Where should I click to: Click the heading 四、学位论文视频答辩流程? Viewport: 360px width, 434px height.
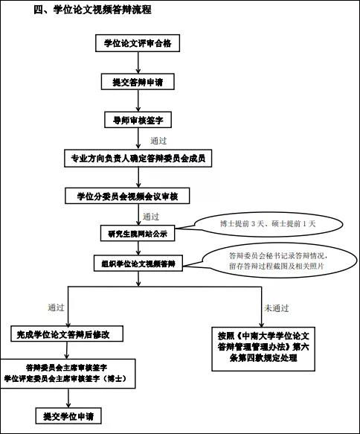click(x=92, y=10)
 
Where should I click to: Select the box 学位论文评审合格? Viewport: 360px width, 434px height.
click(x=138, y=43)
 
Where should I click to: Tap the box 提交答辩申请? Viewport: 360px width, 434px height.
click(x=138, y=82)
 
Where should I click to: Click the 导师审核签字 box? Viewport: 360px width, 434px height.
click(x=138, y=120)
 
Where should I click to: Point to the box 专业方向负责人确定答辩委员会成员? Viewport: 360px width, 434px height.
click(x=138, y=159)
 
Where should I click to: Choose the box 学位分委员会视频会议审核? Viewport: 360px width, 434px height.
click(x=127, y=196)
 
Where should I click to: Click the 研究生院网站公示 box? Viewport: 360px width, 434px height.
click(x=138, y=233)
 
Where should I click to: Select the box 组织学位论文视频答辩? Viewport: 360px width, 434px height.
click(x=138, y=264)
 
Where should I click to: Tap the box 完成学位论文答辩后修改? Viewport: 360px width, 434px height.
click(x=67, y=334)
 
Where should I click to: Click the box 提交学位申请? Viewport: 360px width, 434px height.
click(x=68, y=415)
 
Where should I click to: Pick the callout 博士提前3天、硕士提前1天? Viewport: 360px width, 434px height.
click(x=268, y=224)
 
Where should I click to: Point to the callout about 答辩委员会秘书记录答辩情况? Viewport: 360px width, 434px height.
click(x=277, y=261)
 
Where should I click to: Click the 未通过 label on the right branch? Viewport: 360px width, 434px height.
click(x=276, y=308)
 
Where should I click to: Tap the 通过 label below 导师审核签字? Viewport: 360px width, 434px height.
click(x=158, y=141)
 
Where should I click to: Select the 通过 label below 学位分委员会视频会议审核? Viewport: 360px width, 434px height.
click(x=151, y=217)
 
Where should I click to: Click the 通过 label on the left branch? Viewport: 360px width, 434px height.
click(x=56, y=307)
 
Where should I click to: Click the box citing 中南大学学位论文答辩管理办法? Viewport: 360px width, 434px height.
click(x=263, y=348)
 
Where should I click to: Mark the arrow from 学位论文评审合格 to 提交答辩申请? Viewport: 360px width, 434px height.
click(x=138, y=63)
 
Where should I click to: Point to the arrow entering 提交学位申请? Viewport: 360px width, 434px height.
click(x=68, y=398)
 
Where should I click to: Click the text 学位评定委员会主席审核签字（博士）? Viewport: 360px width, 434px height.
click(x=65, y=379)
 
